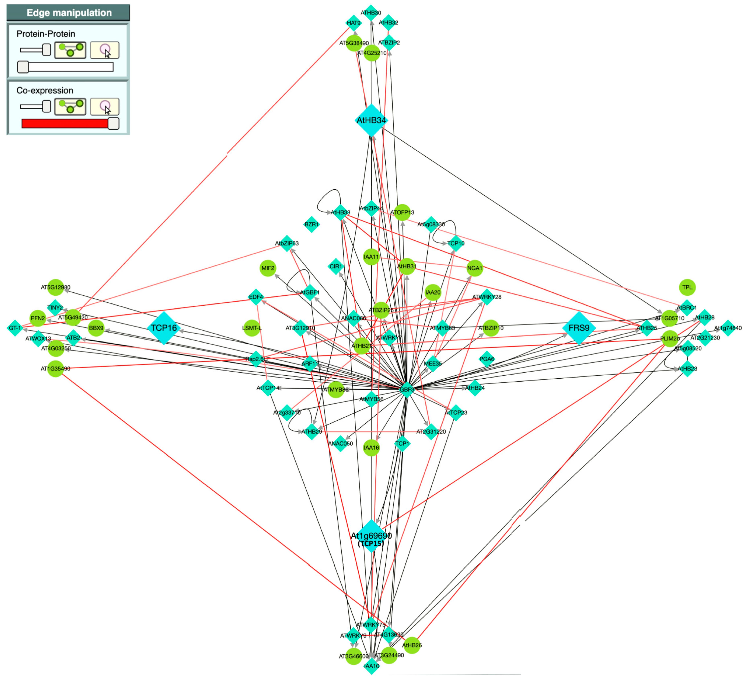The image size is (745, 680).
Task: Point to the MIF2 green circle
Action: [268, 268]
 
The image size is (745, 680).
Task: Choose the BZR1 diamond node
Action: [312, 224]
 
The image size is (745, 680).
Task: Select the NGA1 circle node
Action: [474, 268]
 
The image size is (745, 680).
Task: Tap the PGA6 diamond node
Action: [487, 359]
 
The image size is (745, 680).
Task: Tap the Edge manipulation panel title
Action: [69, 13]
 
